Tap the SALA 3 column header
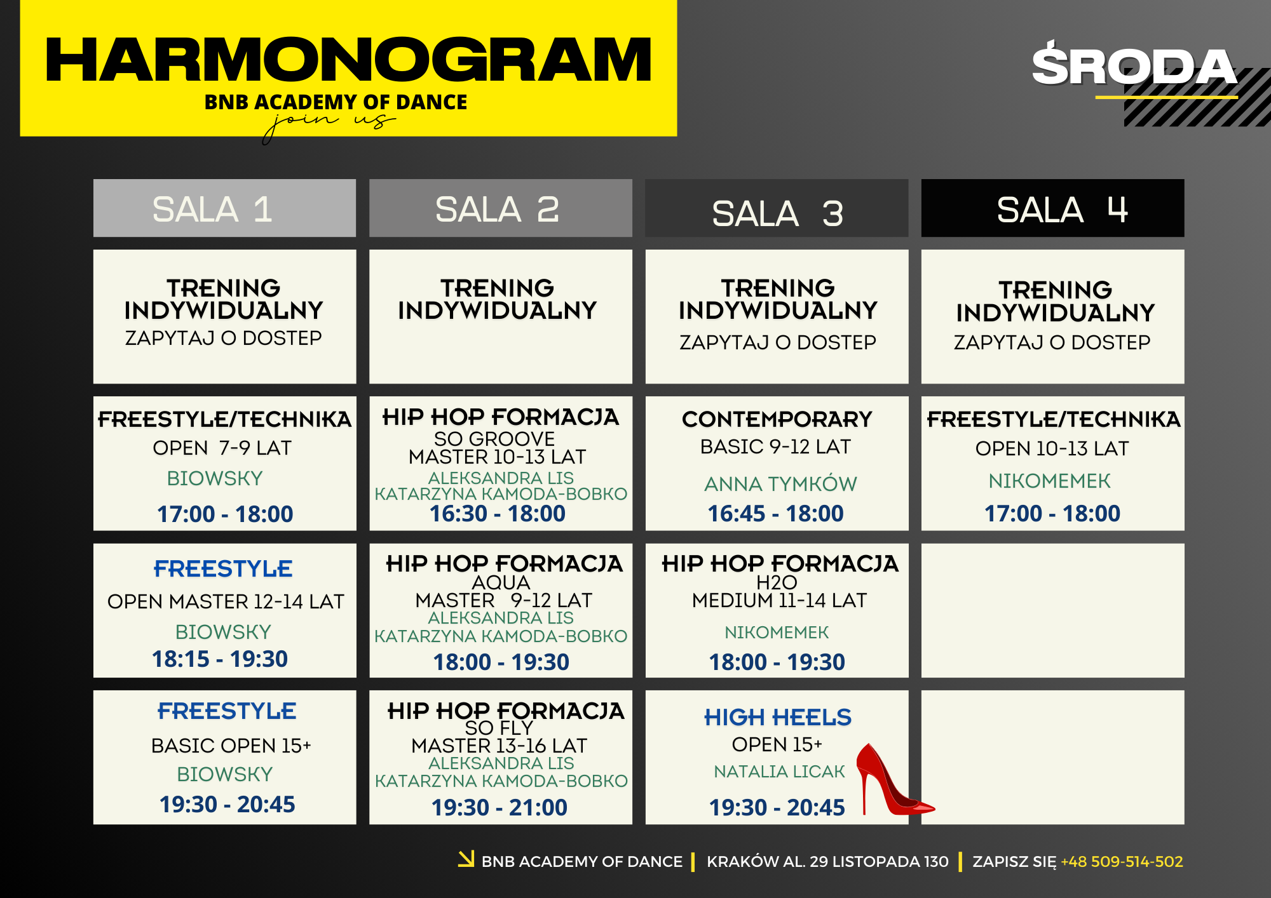(x=777, y=208)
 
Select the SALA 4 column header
(x=1052, y=208)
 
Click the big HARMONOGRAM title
(x=348, y=60)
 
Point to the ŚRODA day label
(x=1134, y=65)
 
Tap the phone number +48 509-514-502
(x=1122, y=862)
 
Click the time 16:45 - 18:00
(x=775, y=513)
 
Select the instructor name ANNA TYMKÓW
(x=780, y=484)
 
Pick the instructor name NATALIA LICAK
(x=779, y=772)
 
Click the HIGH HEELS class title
(x=777, y=717)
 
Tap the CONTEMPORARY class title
(x=777, y=419)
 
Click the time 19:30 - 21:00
(x=500, y=807)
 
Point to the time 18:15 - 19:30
(x=220, y=659)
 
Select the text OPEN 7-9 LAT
(x=222, y=448)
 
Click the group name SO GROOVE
(x=494, y=439)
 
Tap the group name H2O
(x=777, y=582)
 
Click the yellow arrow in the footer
(x=466, y=859)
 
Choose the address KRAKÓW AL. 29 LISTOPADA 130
(x=827, y=862)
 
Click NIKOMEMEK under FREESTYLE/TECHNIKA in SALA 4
(x=1049, y=481)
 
